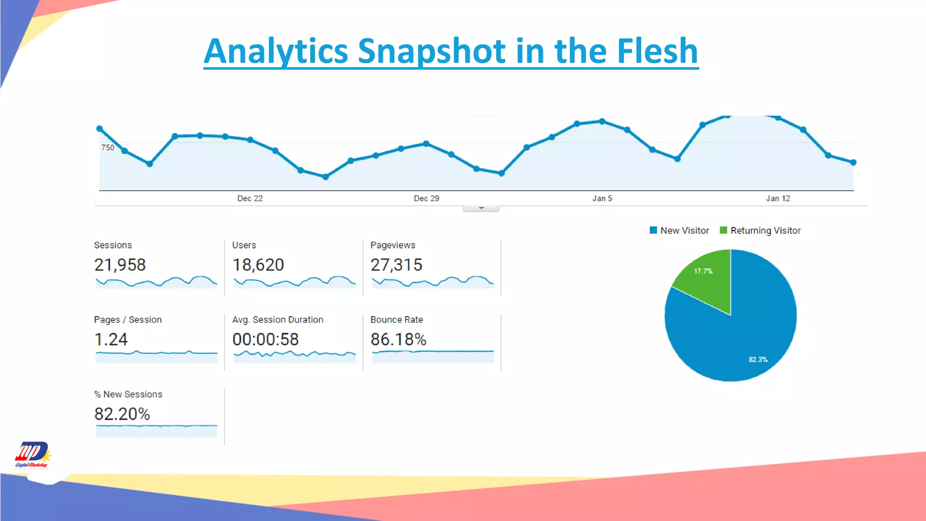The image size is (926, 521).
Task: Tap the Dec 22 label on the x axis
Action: (250, 199)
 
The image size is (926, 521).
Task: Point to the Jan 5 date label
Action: (602, 199)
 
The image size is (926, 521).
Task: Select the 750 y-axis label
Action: (108, 148)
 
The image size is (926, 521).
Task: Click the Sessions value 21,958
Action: (120, 265)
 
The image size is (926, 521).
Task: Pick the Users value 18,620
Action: (258, 265)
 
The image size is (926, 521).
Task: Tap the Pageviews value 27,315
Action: (396, 265)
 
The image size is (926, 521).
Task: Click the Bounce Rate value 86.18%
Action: (398, 340)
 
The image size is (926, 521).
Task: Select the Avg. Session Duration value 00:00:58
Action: (265, 340)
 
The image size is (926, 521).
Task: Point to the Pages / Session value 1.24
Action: (111, 340)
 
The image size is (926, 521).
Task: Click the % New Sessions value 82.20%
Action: (122, 414)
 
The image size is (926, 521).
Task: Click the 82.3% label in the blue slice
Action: (758, 360)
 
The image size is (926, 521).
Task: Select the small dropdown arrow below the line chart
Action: (481, 208)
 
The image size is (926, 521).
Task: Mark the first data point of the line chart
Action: (99, 129)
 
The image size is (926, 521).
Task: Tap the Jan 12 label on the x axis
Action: (778, 199)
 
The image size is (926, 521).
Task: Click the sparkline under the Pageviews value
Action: (433, 282)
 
